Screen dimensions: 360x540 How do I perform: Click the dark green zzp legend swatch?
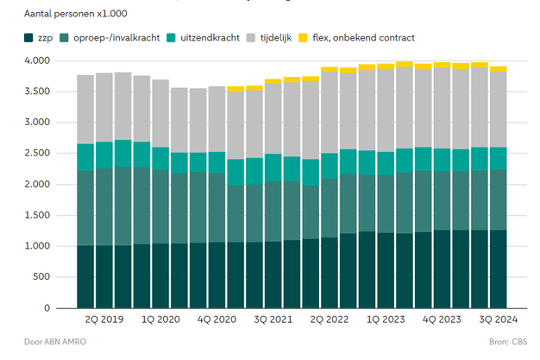30,37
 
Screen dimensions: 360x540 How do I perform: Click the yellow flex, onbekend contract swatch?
305,37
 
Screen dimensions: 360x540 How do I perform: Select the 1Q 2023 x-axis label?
386,319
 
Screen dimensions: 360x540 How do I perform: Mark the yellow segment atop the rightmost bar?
499,69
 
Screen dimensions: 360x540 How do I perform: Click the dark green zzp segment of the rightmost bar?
499,268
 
